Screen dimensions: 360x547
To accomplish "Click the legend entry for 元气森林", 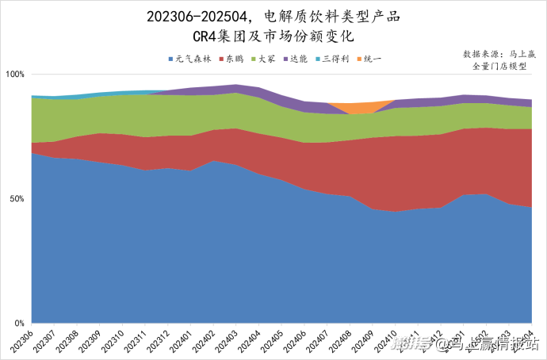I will pyautogui.click(x=190, y=59).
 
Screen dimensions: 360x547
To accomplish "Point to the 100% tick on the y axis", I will pyautogui.click(x=16, y=75).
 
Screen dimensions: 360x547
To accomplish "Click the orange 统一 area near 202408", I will pyautogui.click(x=350, y=109).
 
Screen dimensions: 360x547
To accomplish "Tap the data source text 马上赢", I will pyautogui.click(x=518, y=54).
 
